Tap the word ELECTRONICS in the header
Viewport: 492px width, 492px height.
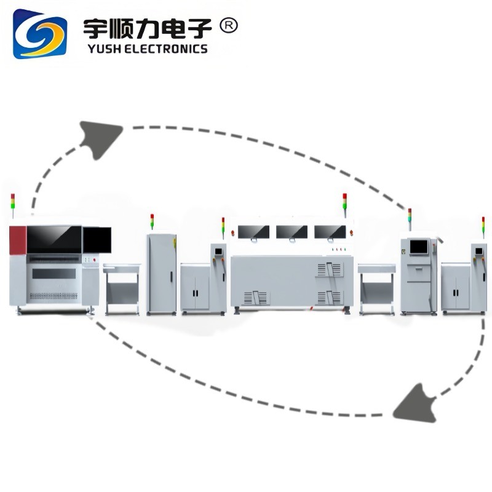pyautogui.click(x=167, y=49)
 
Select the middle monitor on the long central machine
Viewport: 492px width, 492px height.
pyautogui.click(x=292, y=232)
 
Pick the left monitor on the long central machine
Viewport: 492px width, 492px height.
pyautogui.click(x=253, y=232)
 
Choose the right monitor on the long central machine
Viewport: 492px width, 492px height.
pyautogui.click(x=329, y=232)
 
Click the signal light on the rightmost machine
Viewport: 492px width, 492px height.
pyautogui.click(x=483, y=225)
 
